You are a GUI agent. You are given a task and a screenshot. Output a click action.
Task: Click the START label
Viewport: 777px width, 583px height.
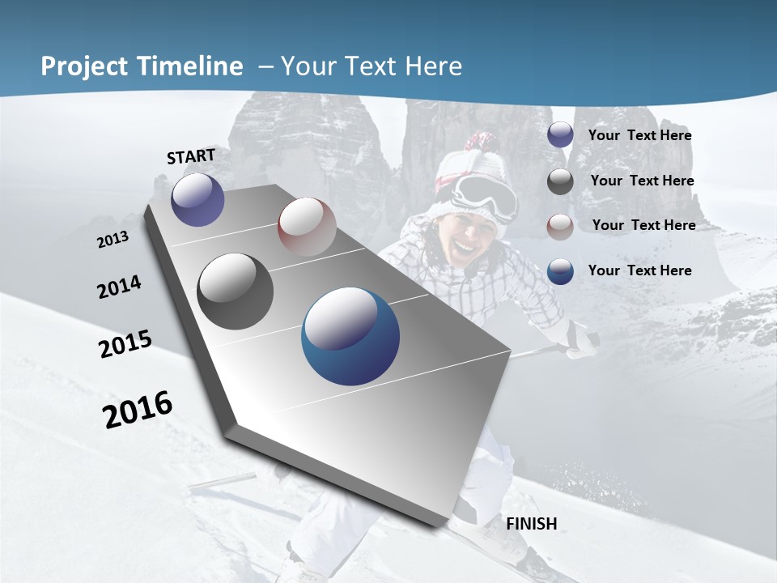pyautogui.click(x=191, y=156)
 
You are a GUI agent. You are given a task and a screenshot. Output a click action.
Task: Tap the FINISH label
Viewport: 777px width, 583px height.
pyautogui.click(x=531, y=524)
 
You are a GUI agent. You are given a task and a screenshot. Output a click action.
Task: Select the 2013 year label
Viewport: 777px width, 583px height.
pyautogui.click(x=113, y=240)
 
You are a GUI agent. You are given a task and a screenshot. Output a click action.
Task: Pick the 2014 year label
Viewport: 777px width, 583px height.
pyautogui.click(x=119, y=287)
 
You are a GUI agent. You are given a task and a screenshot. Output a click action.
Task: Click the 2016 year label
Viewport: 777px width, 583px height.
pyautogui.click(x=138, y=409)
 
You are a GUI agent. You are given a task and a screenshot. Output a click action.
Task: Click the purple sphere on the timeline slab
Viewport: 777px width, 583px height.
pyautogui.click(x=197, y=199)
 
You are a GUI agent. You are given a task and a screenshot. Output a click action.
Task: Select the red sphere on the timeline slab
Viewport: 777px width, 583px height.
pyautogui.click(x=307, y=227)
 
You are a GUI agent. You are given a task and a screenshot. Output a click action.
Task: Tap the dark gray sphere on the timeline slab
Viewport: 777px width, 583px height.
pyautogui.click(x=236, y=291)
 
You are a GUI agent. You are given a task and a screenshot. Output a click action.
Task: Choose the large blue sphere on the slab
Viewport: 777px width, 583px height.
pyautogui.click(x=350, y=337)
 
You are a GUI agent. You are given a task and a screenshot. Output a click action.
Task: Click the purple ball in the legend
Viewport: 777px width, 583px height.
pyautogui.click(x=560, y=135)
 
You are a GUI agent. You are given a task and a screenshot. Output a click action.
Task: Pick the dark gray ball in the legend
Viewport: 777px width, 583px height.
pyautogui.click(x=560, y=181)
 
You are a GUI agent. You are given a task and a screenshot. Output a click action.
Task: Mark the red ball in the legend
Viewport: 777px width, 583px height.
pyautogui.click(x=560, y=227)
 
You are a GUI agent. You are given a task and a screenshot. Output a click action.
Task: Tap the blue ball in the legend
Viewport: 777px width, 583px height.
pyautogui.click(x=560, y=271)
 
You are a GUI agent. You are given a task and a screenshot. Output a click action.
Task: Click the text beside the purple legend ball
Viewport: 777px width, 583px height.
pyautogui.click(x=639, y=135)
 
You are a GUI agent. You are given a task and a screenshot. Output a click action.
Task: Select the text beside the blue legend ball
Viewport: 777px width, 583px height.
pyautogui.click(x=639, y=270)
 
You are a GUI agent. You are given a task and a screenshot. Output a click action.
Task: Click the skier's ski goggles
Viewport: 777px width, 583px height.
pyautogui.click(x=484, y=194)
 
